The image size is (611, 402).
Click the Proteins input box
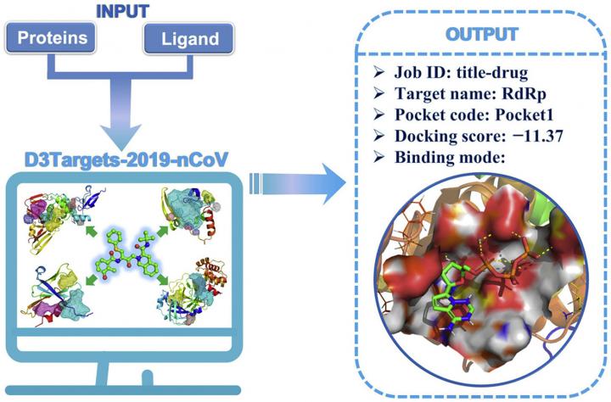(50, 38)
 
